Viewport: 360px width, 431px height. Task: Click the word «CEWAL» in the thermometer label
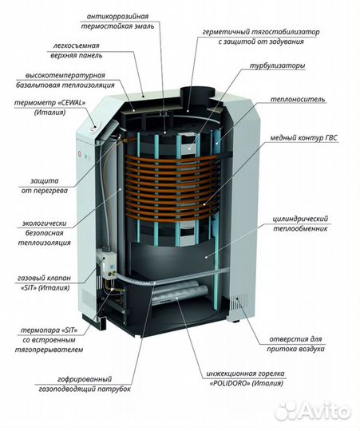click(72, 103)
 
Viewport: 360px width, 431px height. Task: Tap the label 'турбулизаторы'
click(277, 66)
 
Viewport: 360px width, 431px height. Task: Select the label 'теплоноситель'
click(298, 99)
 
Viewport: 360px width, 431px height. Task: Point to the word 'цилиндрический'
click(300, 219)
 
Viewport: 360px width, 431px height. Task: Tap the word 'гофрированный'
click(85, 379)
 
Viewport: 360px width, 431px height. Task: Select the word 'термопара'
click(40, 330)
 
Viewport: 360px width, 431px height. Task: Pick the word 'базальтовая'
click(38, 85)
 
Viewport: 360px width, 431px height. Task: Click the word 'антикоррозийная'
click(117, 17)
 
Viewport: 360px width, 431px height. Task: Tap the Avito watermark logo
click(312, 412)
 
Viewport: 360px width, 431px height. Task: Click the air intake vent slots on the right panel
click(239, 301)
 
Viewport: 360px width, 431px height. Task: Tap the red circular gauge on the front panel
click(81, 154)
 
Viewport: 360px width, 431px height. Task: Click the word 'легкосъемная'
click(76, 45)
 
